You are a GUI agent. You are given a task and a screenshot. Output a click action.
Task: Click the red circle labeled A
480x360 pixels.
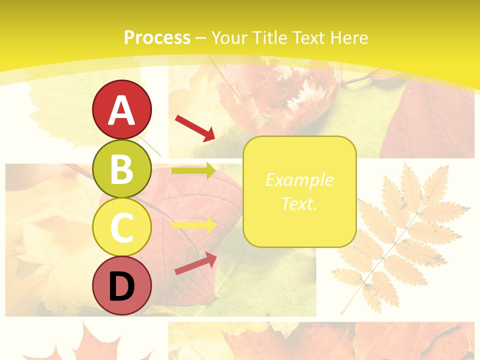tap(122, 110)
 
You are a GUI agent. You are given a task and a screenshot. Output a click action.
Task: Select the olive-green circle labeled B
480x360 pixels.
tap(122, 168)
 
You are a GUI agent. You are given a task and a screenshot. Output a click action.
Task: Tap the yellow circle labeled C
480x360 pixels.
tap(122, 227)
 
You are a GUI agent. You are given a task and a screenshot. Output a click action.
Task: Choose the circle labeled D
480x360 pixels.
tap(122, 286)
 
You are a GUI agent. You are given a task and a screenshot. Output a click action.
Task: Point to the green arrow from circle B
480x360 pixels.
tap(193, 171)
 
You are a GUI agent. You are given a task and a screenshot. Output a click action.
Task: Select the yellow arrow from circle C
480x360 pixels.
tap(193, 225)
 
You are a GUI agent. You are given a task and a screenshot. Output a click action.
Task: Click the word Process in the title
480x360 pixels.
tap(157, 37)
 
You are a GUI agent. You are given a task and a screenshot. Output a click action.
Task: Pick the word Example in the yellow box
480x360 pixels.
tap(299, 180)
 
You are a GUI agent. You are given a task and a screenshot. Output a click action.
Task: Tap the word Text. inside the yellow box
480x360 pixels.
tap(299, 203)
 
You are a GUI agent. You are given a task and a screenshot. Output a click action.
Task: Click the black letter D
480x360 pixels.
tap(122, 286)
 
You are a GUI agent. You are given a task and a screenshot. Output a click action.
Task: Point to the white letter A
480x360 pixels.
tap(122, 110)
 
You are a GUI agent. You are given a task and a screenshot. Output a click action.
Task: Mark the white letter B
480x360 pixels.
tap(122, 169)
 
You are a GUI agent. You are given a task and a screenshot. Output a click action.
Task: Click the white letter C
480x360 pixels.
tap(122, 227)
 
